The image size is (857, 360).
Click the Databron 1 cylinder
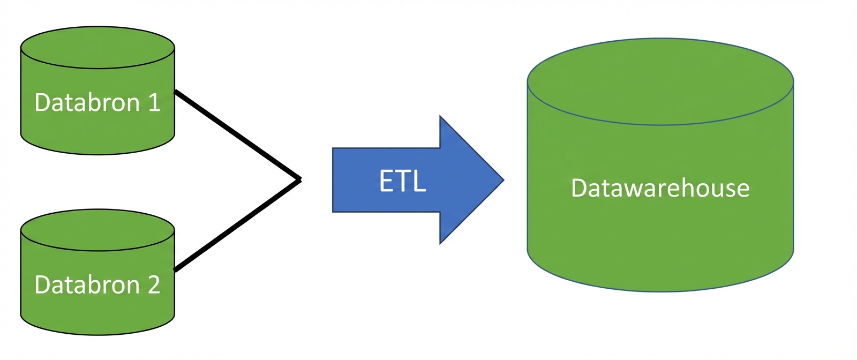click(97, 129)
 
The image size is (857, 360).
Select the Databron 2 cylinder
click(97, 311)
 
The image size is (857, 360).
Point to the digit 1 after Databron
click(154, 102)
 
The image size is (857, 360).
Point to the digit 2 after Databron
click(154, 285)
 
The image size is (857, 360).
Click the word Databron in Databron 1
click(87, 102)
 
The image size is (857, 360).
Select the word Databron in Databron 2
click(87, 285)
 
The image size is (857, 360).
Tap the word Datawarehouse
click(660, 188)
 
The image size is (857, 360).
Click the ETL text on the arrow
click(403, 181)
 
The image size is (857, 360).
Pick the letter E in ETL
click(386, 181)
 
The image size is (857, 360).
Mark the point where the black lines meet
click(299, 179)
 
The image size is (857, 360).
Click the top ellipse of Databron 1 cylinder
click(97, 48)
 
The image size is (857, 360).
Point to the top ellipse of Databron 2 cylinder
click(97, 230)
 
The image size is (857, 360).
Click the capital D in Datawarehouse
click(578, 188)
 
